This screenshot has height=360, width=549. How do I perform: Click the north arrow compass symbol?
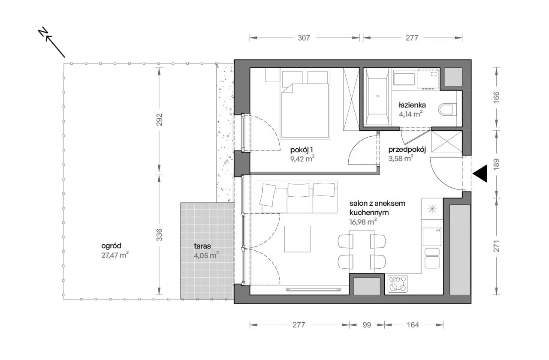pos(52,42)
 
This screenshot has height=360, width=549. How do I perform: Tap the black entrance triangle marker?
pos(480,174)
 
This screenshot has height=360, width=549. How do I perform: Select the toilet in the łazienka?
pos(447,109)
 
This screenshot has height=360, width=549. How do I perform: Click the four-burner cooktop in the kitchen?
pos(398,284)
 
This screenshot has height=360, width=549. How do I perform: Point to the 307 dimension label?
pos(304,38)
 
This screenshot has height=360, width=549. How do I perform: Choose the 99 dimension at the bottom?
pos(367,325)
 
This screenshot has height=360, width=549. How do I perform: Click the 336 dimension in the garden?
pos(159,234)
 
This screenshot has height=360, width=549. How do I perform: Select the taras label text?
pos(202,246)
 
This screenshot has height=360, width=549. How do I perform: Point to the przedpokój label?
pos(407,150)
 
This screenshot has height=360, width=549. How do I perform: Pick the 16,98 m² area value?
pos(363,222)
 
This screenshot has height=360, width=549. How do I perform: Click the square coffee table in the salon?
pos(297,239)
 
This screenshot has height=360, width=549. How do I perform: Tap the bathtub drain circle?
pos(377,96)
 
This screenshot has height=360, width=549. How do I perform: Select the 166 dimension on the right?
pos(496,97)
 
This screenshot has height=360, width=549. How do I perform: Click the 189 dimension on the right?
pos(496,164)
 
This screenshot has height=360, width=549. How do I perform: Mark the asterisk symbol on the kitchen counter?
pos(432,209)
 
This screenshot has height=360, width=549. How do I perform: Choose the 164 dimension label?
pos(413,325)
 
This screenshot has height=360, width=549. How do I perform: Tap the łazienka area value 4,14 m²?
pos(410,114)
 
